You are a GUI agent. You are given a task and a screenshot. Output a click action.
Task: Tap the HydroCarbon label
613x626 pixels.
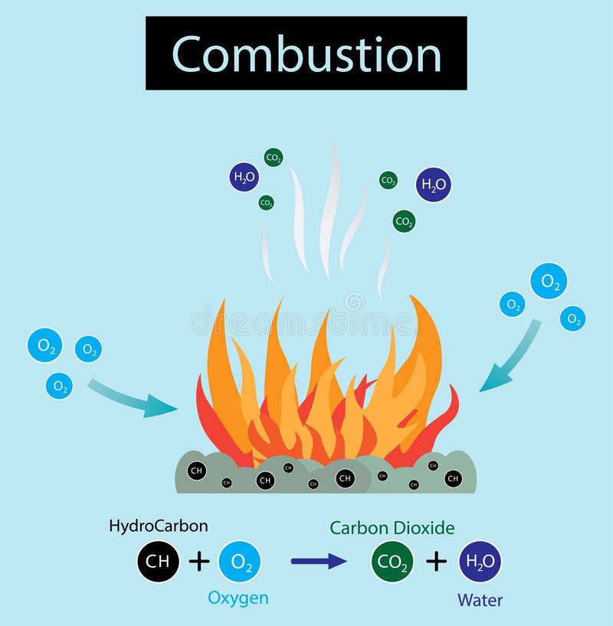159,526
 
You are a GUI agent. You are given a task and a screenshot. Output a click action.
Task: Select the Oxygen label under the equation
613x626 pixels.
239,598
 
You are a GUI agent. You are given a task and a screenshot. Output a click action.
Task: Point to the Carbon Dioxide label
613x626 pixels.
392,527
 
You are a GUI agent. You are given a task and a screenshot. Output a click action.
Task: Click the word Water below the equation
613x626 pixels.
480,600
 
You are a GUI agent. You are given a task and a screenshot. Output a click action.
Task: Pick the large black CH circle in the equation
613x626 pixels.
159,561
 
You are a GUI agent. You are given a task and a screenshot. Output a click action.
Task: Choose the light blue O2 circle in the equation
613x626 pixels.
240,562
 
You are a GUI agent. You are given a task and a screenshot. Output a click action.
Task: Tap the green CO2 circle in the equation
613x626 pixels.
392,562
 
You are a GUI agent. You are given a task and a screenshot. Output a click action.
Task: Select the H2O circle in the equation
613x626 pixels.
480,562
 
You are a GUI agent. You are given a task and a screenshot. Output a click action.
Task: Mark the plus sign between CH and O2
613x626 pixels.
199,562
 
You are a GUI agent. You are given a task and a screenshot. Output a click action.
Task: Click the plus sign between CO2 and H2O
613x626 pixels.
436,562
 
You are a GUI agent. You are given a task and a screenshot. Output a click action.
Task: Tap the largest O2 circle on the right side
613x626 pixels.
549,281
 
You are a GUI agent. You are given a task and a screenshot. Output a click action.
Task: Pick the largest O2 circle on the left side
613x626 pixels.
44,345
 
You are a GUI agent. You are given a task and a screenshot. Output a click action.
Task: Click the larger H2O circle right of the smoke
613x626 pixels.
433,184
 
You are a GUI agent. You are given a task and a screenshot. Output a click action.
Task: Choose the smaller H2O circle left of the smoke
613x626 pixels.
244,178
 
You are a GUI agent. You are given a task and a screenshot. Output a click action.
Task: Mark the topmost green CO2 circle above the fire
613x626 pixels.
273,158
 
